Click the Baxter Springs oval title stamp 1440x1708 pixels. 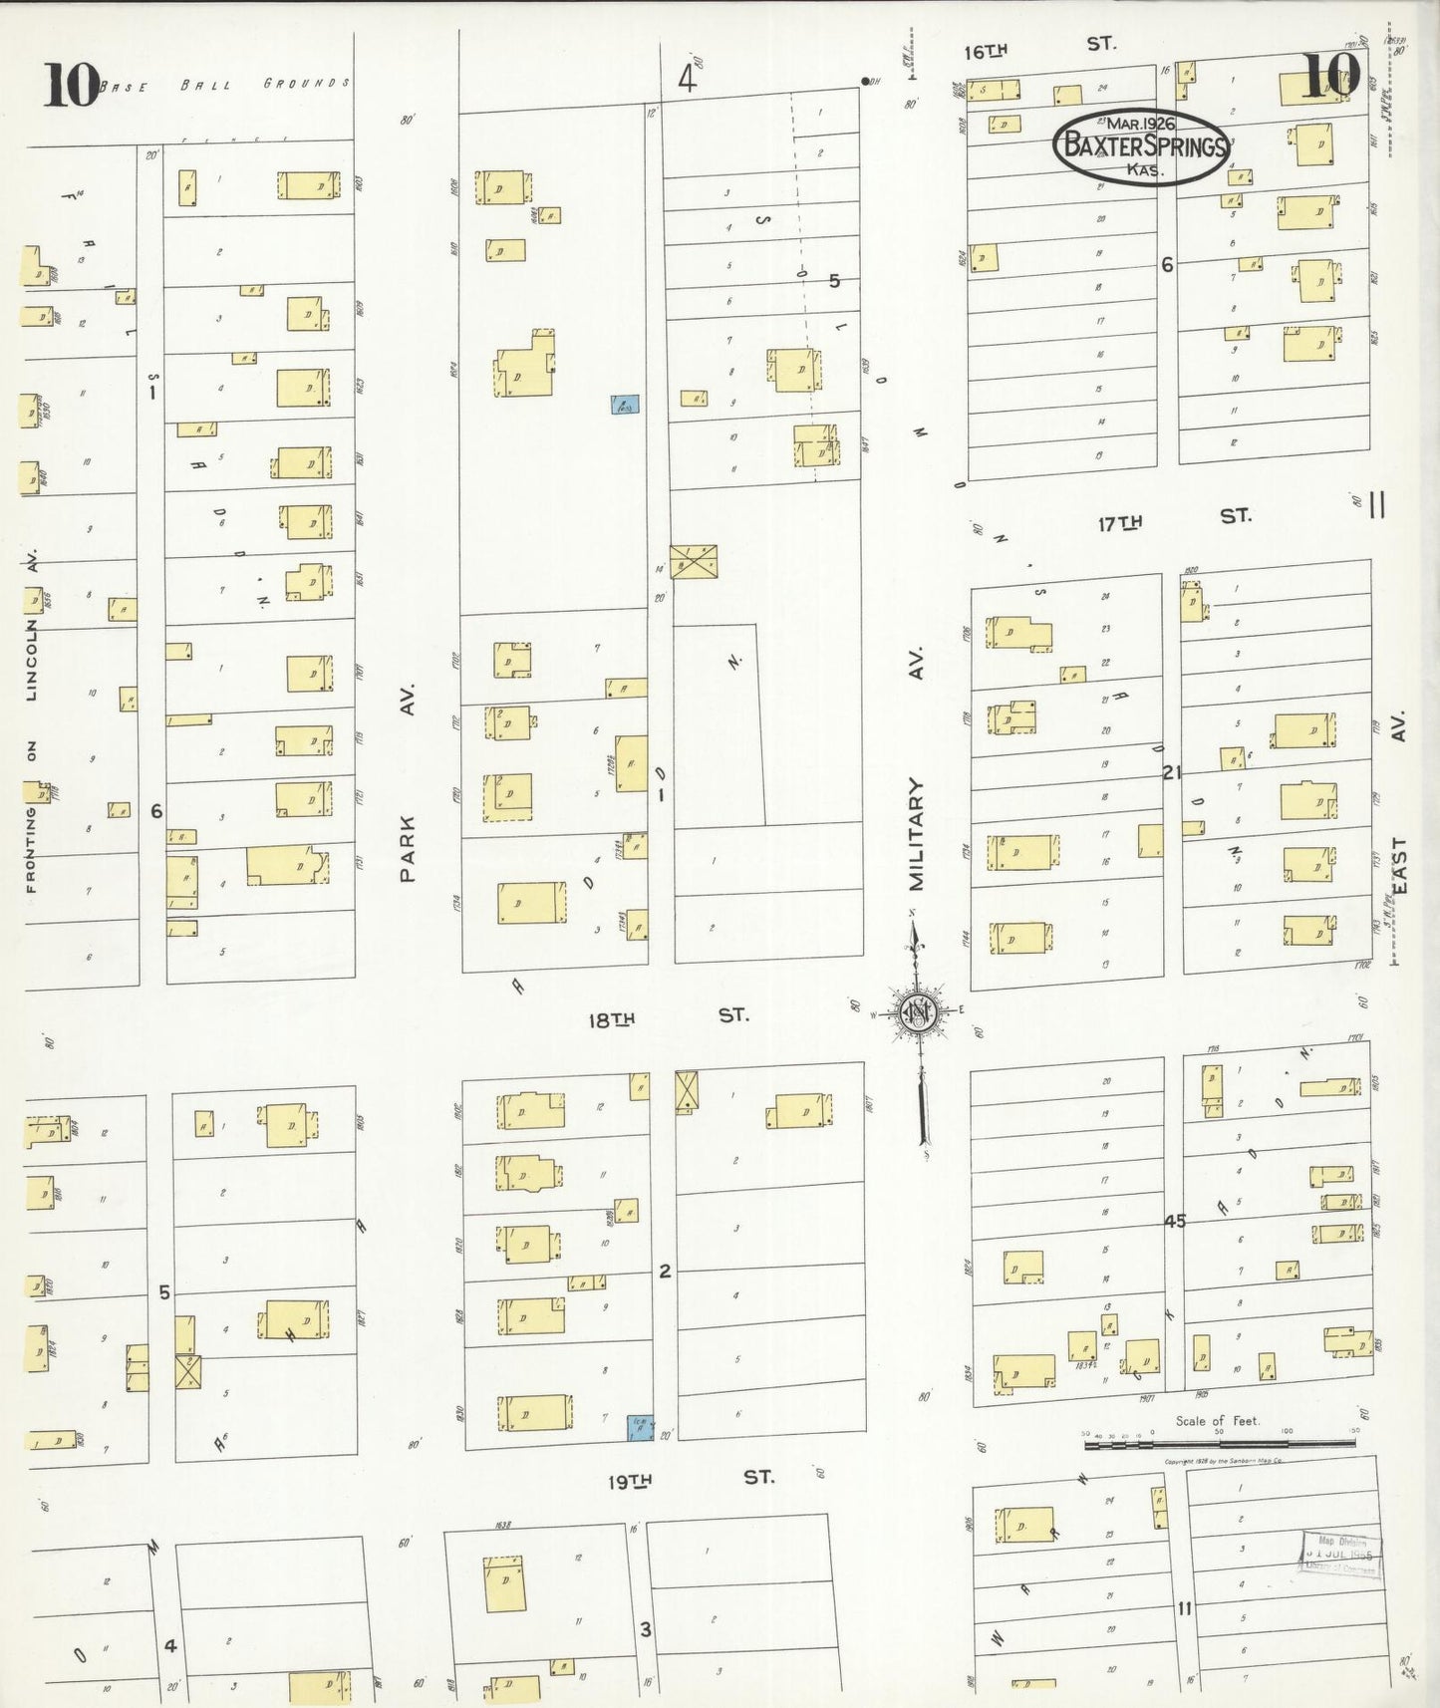pos(1141,147)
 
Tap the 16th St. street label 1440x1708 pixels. pos(1039,46)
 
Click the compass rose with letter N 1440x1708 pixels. pos(918,1012)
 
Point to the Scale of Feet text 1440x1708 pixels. pos(1217,1421)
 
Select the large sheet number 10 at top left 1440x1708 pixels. pos(70,85)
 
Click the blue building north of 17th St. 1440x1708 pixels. pos(625,404)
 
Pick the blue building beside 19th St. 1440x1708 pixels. pos(639,1428)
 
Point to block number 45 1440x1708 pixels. pos(1175,1221)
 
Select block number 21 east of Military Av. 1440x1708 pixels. pos(1171,772)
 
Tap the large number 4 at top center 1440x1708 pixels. pos(687,78)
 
